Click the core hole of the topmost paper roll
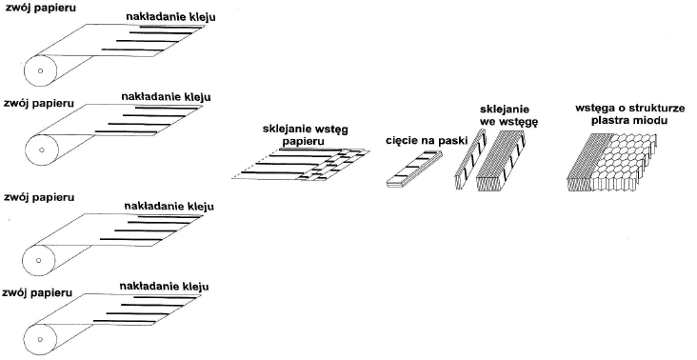pyautogui.click(x=39, y=70)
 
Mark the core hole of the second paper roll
pyautogui.click(x=39, y=150)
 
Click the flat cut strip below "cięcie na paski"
pyautogui.click(x=414, y=171)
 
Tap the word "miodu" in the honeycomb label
pyautogui.click(x=649, y=121)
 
